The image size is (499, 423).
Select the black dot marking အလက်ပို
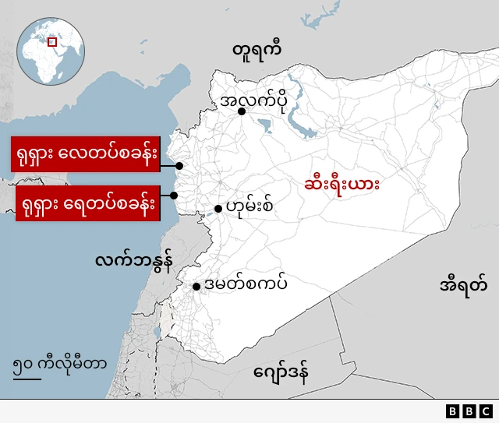242,112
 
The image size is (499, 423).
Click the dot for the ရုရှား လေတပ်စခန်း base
179,166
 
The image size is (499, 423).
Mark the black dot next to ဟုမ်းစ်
218,209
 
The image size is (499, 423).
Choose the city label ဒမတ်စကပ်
245,284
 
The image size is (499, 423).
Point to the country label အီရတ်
463,284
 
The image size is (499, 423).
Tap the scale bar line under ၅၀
27,379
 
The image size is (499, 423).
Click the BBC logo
469,411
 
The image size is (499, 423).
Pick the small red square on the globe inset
52,41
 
